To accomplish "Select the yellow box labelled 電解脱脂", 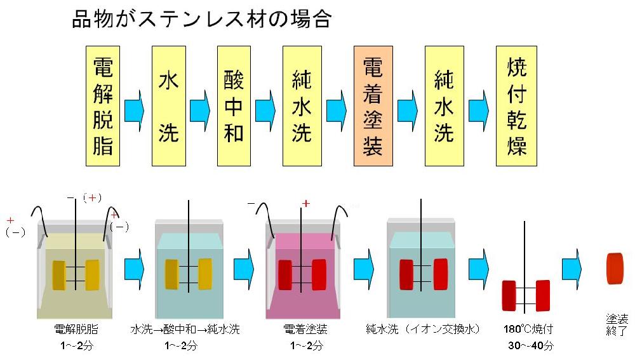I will coord(103,106).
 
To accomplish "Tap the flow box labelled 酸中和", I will coord(234,106).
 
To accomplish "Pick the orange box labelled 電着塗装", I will coord(371,106).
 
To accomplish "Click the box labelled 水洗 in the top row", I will coord(168,106).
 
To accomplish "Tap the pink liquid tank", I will coord(304,273).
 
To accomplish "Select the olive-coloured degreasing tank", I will coord(75,273).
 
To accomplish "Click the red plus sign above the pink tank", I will coord(306,204).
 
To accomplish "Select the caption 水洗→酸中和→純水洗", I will coord(185,330).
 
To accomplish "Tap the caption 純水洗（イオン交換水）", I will coord(423,330).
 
